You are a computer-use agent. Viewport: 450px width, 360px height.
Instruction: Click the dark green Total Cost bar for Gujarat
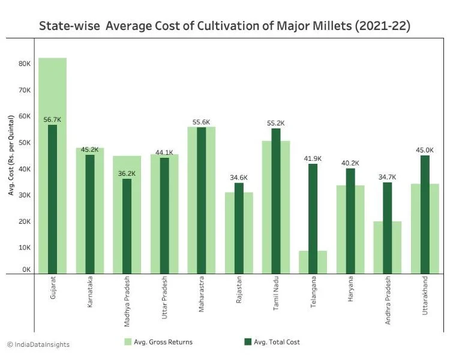point(52,198)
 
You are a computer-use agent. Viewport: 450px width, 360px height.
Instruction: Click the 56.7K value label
point(52,120)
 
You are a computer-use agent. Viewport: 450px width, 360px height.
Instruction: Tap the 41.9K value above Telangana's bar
point(313,159)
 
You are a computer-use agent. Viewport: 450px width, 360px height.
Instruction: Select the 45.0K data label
point(425,151)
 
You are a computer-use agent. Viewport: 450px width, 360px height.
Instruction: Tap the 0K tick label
point(26,270)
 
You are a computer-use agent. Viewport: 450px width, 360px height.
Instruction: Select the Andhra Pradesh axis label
point(387,300)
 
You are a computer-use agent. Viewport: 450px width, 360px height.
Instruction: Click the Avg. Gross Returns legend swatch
point(128,342)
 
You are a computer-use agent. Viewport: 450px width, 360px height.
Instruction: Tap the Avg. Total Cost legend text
point(277,342)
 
